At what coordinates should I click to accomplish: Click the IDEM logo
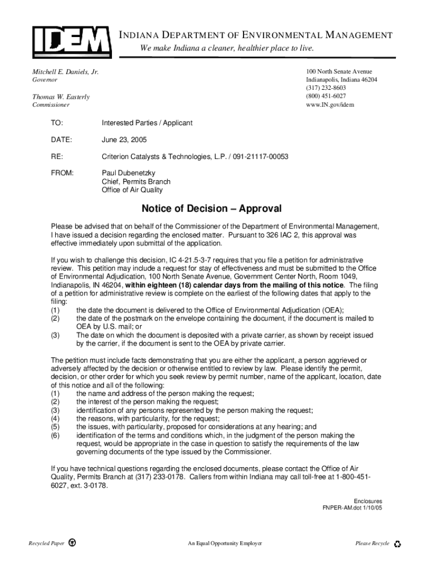pos(70,40)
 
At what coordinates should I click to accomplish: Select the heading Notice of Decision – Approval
pos(211,209)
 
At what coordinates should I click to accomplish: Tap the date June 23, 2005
pos(124,139)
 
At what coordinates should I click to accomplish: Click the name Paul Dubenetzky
pos(128,173)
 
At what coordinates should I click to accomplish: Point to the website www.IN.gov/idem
pos(330,104)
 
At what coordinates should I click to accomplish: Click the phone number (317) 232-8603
pos(326,88)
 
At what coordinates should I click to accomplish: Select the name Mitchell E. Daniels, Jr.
pos(65,72)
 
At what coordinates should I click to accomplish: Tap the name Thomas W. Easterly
pos(60,97)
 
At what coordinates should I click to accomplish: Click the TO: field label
pos(57,122)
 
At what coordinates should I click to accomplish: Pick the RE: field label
pos(57,156)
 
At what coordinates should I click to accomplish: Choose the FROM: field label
pos(62,173)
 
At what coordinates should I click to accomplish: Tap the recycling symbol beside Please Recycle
pos(398,544)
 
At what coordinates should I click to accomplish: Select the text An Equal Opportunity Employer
pos(225,544)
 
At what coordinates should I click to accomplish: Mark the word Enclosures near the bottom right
pos(368,500)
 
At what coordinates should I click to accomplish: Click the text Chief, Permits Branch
pos(136,181)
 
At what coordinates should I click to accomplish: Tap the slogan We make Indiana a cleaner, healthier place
pos(227,48)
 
